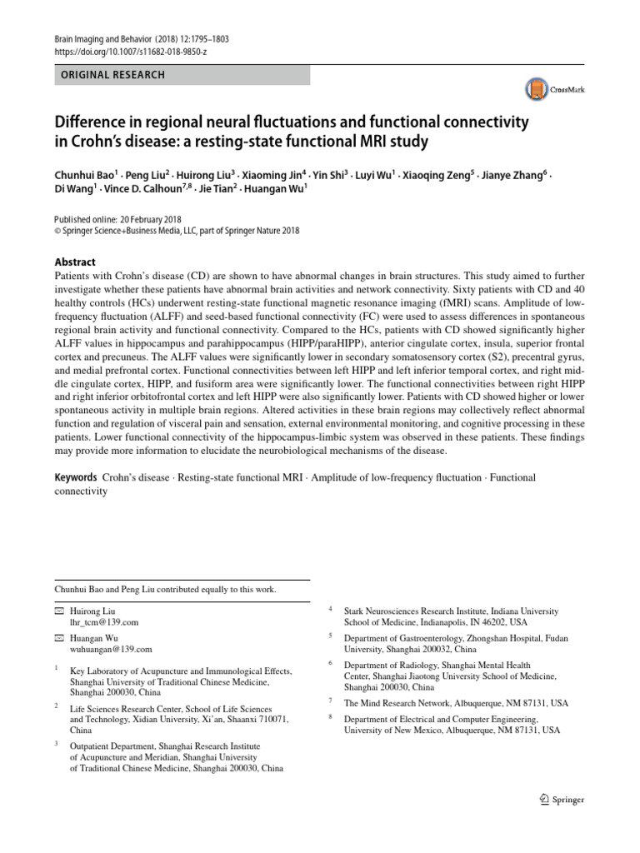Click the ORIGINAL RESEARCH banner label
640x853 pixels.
(x=111, y=75)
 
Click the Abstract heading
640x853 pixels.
(x=75, y=261)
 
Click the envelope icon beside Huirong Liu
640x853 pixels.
(x=58, y=611)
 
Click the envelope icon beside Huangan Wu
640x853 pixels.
(x=58, y=638)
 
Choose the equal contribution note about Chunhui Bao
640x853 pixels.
(x=165, y=589)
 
